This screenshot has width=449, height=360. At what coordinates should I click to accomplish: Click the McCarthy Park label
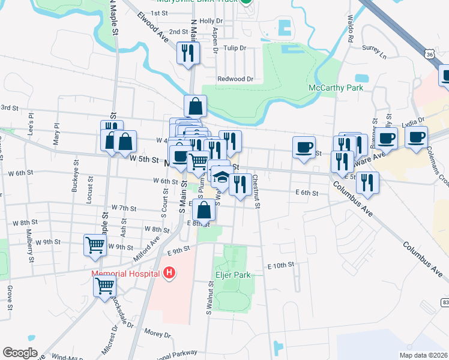336,88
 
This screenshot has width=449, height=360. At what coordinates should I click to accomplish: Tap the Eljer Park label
232,275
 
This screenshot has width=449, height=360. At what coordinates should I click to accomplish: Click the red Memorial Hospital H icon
169,273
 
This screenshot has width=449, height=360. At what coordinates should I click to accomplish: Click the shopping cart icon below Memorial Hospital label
104,287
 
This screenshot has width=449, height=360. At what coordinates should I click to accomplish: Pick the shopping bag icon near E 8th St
204,210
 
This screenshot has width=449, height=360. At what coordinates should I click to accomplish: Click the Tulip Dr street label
235,48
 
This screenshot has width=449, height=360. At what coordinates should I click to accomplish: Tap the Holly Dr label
211,20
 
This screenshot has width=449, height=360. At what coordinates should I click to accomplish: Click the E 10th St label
280,265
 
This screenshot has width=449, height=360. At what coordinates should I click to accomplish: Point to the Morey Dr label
158,333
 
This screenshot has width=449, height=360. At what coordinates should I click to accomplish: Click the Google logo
20,353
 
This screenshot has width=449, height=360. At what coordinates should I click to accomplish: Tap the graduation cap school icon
221,178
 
